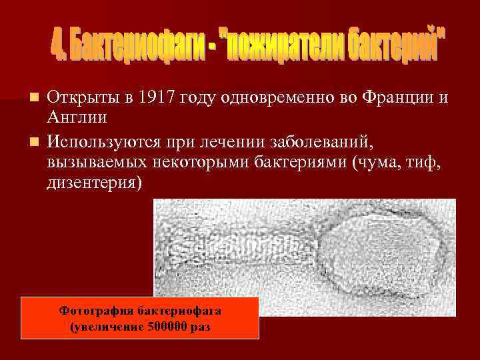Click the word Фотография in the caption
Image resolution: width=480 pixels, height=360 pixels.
pyautogui.click(x=97, y=311)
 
